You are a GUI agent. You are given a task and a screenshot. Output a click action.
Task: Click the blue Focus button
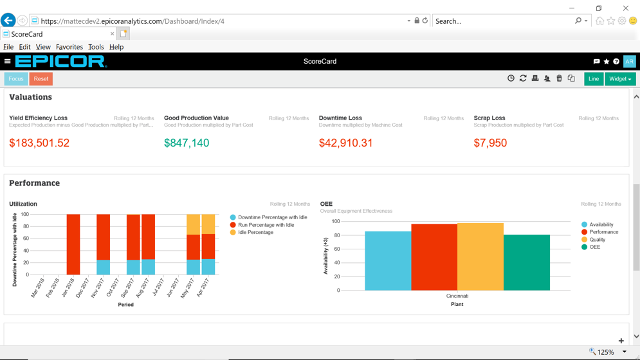[x=16, y=79]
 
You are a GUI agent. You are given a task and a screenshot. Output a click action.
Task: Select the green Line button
[x=593, y=79]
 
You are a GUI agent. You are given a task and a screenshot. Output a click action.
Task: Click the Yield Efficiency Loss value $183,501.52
[x=39, y=143]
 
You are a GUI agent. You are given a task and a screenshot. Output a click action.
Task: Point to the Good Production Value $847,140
[x=187, y=143]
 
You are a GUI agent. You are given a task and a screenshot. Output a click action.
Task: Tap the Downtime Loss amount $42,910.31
[x=346, y=143]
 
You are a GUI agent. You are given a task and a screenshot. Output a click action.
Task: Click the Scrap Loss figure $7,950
[x=490, y=143]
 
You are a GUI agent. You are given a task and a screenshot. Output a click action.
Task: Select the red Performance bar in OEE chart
[x=434, y=257]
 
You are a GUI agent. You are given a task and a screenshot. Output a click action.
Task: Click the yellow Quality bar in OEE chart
[x=480, y=257]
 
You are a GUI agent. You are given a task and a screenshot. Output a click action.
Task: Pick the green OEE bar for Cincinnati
[x=527, y=262]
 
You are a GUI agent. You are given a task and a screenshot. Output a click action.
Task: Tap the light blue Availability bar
[x=388, y=261]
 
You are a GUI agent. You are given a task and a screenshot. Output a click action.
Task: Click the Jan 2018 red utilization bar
[x=73, y=244]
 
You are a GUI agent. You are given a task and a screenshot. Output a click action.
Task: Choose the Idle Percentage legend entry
[x=255, y=233]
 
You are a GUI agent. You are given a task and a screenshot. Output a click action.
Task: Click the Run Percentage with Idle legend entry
[x=266, y=225]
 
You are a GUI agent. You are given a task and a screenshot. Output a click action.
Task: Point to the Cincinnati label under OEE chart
[x=457, y=296]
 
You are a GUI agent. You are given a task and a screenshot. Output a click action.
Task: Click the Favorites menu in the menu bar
[x=69, y=47]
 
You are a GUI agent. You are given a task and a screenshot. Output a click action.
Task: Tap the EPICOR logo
[x=60, y=62]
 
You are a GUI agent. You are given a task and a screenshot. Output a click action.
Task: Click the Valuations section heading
[x=30, y=97]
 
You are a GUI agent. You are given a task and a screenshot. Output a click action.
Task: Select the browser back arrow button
[x=8, y=21]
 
